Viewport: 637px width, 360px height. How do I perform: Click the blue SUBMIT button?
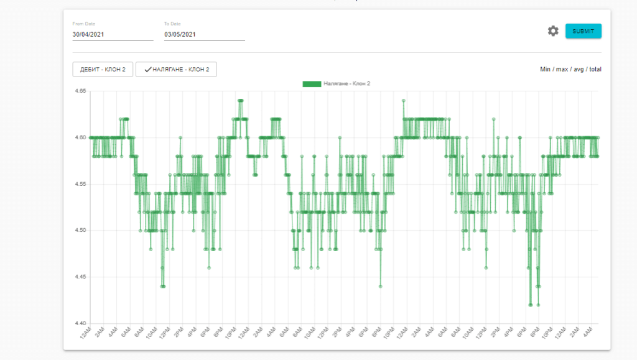(583, 31)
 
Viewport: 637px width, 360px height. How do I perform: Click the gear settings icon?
(553, 31)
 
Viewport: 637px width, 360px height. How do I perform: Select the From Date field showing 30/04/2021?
(112, 35)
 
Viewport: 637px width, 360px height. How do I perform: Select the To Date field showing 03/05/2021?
(204, 35)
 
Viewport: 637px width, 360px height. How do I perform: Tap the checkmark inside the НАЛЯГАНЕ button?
(147, 70)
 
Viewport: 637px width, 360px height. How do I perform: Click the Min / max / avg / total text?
(570, 70)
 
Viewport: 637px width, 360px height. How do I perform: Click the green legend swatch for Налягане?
(312, 83)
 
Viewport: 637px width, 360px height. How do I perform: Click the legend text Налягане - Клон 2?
(347, 83)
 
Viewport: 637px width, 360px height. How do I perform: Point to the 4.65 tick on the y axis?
(80, 91)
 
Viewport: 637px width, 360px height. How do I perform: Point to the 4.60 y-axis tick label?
(80, 137)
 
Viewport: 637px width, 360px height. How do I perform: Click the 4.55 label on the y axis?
(80, 184)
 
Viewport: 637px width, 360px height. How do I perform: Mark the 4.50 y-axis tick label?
(80, 231)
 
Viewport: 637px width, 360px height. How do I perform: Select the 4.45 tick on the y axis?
(80, 277)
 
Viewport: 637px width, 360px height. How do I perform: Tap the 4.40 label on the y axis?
(80, 323)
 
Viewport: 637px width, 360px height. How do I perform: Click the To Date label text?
(172, 24)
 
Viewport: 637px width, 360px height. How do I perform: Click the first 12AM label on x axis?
(85, 333)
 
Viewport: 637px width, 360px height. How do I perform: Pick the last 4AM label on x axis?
(589, 333)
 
